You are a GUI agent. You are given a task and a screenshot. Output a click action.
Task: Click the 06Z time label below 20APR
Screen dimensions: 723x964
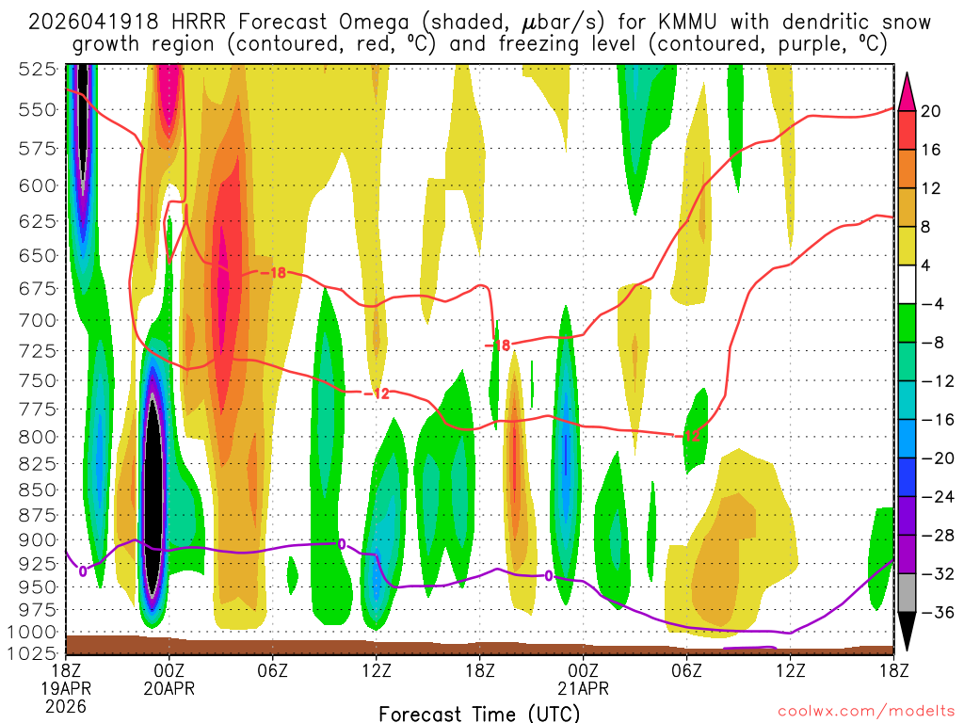pos(272,670)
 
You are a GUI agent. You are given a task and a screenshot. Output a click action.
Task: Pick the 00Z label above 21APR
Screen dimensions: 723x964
pos(583,670)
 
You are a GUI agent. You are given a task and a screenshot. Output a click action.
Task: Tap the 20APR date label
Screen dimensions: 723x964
pos(169,688)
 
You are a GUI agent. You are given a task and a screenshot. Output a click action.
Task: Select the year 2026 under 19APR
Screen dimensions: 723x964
pos(65,706)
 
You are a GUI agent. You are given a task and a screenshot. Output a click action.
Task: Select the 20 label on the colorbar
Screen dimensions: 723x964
pos(932,111)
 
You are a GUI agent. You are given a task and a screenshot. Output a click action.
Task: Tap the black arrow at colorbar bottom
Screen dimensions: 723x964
pos(908,633)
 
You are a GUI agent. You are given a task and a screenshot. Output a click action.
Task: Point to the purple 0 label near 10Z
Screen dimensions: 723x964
pos(342,543)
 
